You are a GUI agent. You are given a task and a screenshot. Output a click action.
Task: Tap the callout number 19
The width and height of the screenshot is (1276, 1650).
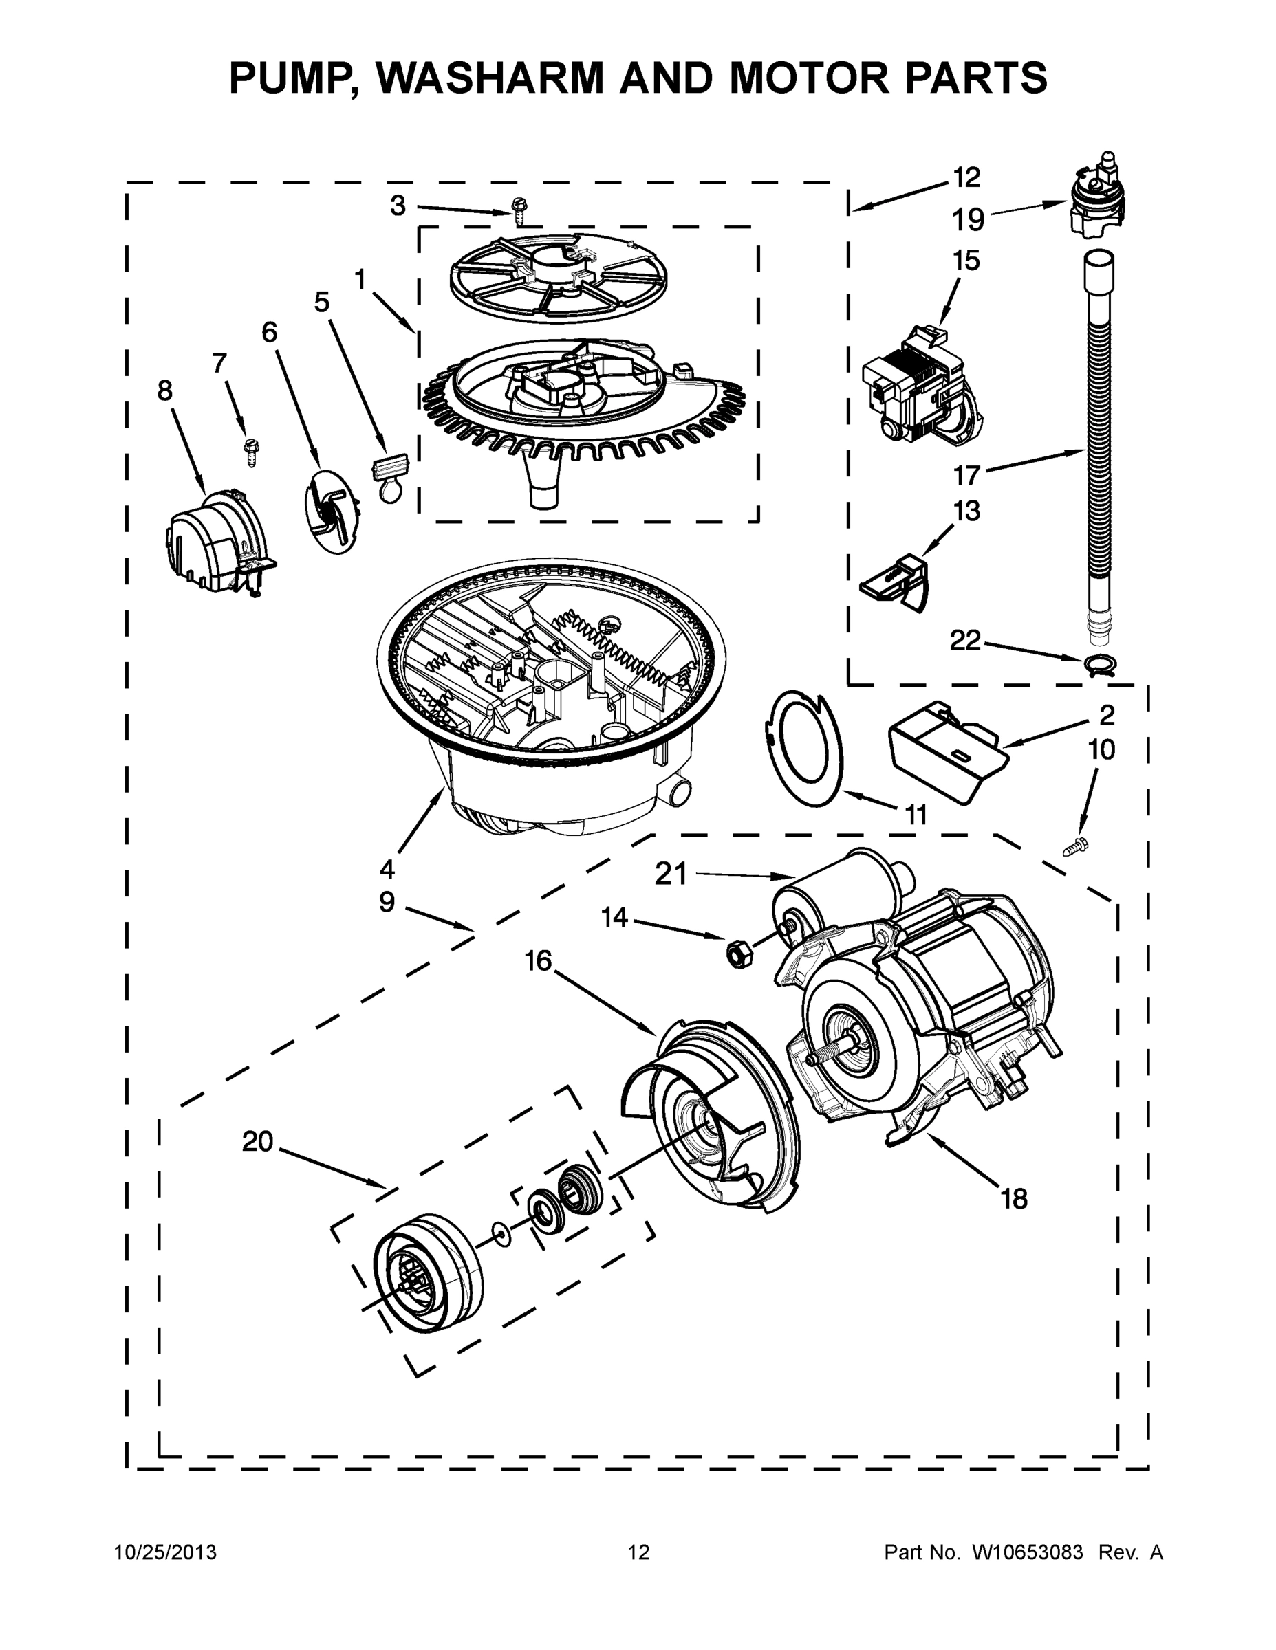pyautogui.click(x=969, y=220)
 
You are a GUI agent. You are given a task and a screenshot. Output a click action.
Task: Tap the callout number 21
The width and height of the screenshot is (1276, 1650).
pyautogui.click(x=671, y=874)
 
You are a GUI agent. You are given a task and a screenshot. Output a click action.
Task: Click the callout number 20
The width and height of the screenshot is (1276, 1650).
pyautogui.click(x=257, y=1141)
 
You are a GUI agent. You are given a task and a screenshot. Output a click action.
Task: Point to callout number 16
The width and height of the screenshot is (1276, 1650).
pyautogui.click(x=538, y=961)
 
